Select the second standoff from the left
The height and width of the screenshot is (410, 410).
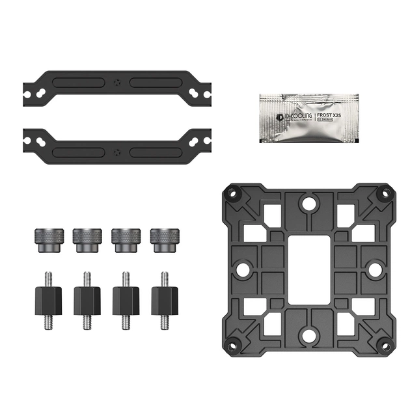(x=87, y=300)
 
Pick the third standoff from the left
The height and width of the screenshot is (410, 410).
(x=126, y=300)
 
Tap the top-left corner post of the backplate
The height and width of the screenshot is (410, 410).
(x=231, y=193)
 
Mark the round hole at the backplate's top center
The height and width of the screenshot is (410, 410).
(x=308, y=204)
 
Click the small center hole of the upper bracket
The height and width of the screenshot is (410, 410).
(x=116, y=83)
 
